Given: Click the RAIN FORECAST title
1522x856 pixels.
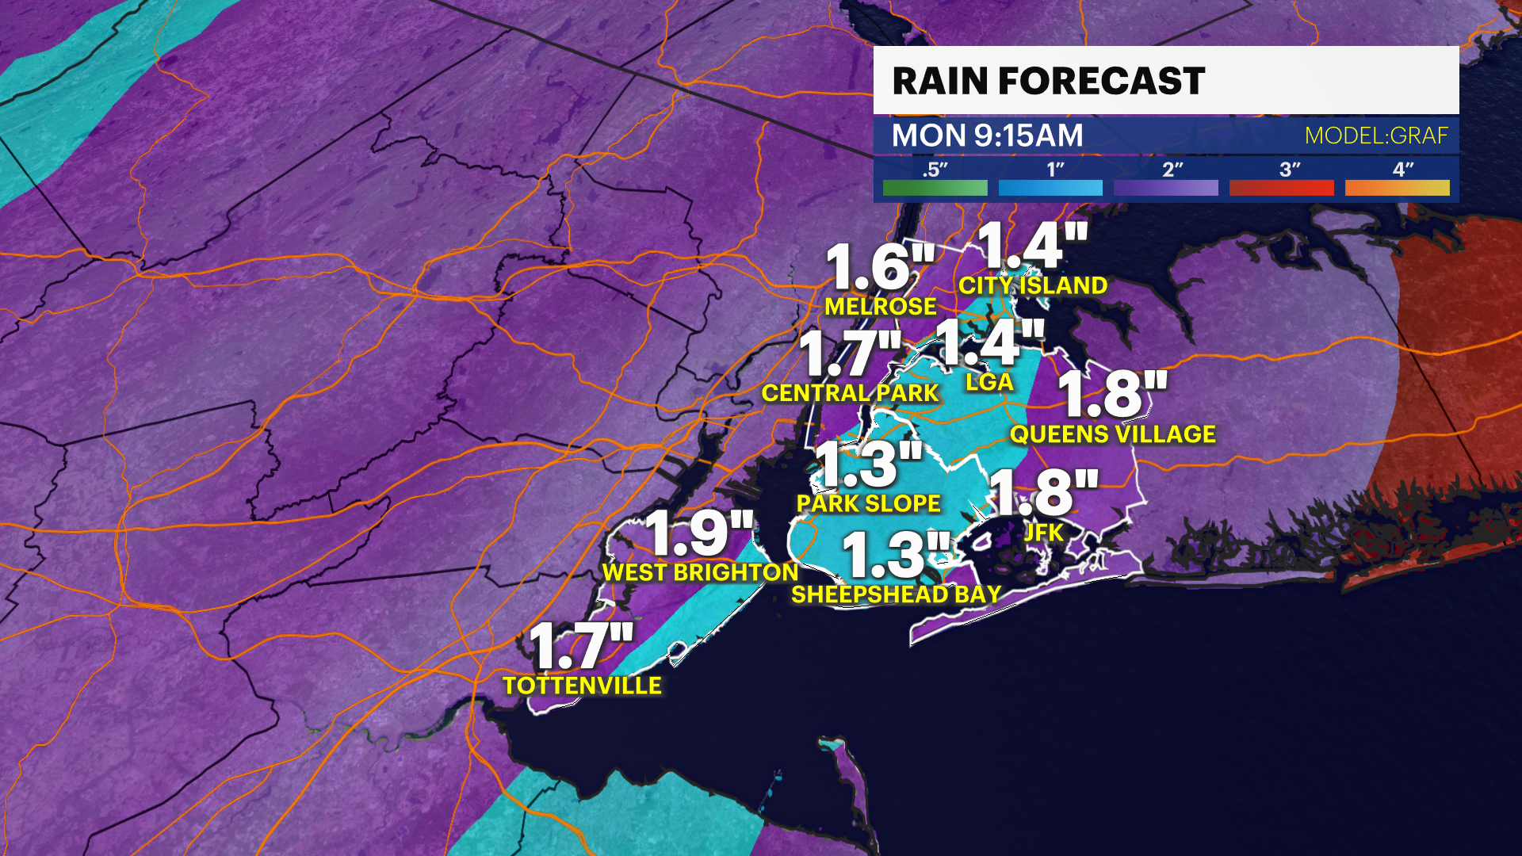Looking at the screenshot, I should click(x=1048, y=81).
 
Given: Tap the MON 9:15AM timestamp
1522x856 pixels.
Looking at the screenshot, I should click(x=987, y=136).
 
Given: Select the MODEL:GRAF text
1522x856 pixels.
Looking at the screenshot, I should click(x=1376, y=136).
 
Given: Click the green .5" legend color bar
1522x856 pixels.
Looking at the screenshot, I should click(x=935, y=188).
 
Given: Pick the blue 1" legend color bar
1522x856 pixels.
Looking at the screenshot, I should click(x=1050, y=188).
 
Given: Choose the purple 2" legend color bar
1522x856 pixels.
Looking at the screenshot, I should click(x=1165, y=188).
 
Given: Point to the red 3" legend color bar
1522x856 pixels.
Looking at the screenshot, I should click(x=1281, y=188).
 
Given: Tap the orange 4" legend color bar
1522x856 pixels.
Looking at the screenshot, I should click(x=1397, y=188).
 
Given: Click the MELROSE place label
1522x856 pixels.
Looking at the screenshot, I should click(x=881, y=307).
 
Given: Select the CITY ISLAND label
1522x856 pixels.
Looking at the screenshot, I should click(x=1033, y=285).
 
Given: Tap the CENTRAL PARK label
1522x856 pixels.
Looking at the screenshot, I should click(x=850, y=393).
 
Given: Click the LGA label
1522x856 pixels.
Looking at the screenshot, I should click(x=989, y=382).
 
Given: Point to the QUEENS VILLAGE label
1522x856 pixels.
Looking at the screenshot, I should click(x=1112, y=434).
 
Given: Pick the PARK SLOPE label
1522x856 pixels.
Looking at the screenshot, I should click(x=868, y=503).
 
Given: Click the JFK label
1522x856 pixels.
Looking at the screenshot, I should click(x=1043, y=533).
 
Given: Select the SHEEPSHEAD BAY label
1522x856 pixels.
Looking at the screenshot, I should click(x=896, y=594).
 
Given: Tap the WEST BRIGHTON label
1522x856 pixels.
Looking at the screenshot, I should click(x=700, y=572).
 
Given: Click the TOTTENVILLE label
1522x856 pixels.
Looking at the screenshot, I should click(x=582, y=686).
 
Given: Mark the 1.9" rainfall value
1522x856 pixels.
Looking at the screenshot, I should click(x=698, y=533).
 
